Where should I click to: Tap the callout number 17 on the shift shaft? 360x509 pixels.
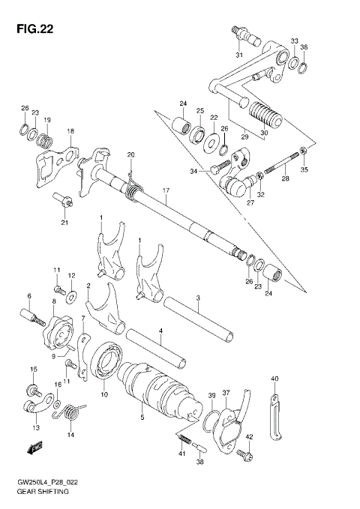coord(166,190)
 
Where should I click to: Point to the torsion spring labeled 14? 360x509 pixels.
coord(73,413)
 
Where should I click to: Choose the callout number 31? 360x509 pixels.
coord(238,55)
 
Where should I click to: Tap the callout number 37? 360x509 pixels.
coord(226,393)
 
